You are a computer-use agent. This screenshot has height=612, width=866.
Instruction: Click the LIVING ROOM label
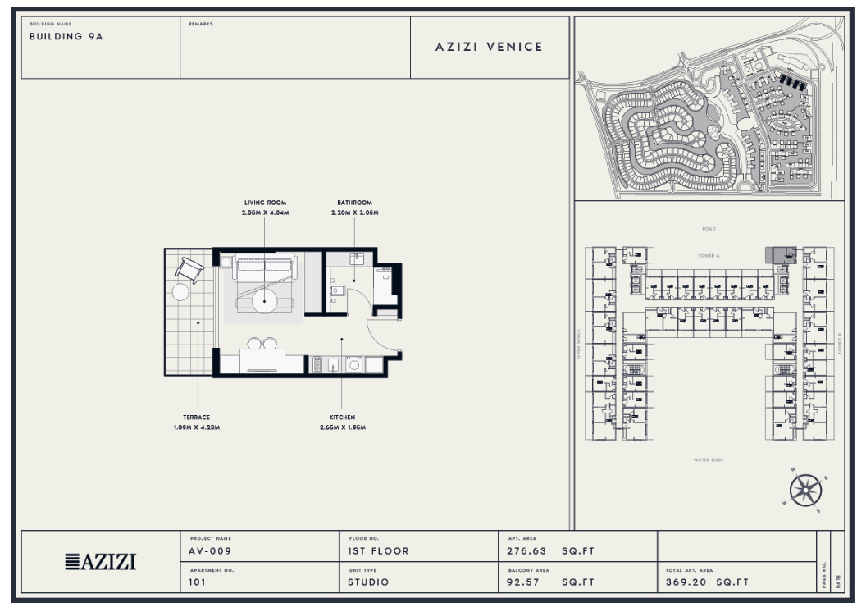pos(265,203)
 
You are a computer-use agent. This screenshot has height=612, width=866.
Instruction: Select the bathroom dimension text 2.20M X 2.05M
pos(354,212)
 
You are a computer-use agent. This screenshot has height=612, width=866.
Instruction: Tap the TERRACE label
pos(196,418)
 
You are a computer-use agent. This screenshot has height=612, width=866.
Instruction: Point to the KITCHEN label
pos(342,418)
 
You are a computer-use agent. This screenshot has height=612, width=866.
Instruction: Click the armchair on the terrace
pos(189,267)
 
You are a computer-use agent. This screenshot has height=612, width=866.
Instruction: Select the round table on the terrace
pos(180,291)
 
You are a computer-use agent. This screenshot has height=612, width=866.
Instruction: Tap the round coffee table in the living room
pos(264,299)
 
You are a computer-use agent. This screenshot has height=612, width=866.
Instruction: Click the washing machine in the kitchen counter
pos(354,365)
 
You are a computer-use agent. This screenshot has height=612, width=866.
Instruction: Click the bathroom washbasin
pos(355,259)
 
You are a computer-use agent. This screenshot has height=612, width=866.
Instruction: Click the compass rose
pos(805,491)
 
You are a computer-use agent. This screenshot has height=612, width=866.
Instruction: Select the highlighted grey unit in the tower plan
pos(780,255)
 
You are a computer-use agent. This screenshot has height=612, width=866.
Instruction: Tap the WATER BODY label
pos(708,460)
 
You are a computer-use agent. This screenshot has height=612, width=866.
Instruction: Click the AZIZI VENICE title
pos(489,47)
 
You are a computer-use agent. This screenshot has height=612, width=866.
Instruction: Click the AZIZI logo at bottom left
pos(100,562)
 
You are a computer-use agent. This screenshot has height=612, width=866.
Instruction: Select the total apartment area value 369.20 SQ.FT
pos(707,582)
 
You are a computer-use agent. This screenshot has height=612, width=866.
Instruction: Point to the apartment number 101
pos(198,582)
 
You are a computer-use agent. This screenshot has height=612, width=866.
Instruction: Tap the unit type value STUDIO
pos(368,582)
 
